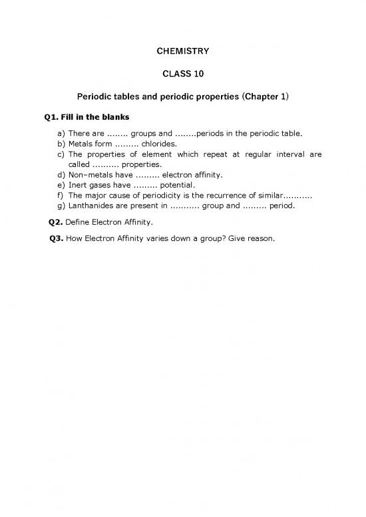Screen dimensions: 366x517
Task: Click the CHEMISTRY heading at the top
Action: [x=183, y=51]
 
